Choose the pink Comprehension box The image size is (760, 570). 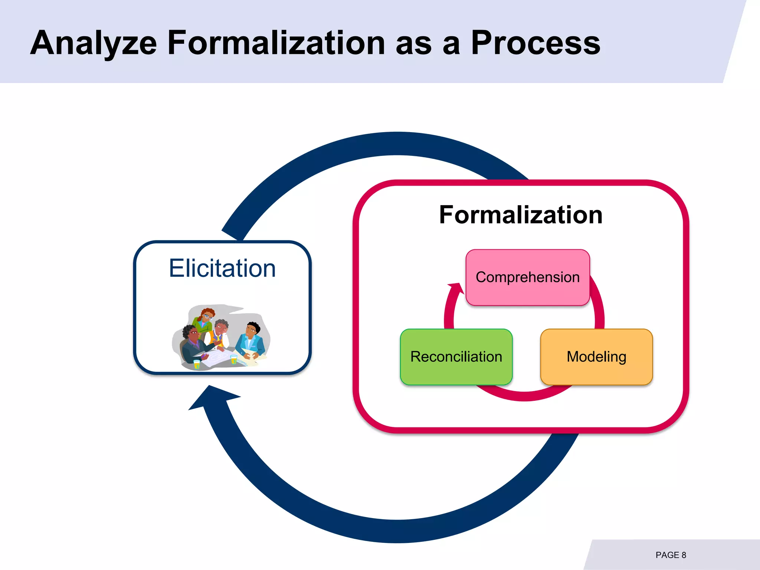pyautogui.click(x=527, y=277)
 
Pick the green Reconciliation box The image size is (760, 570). pyautogui.click(x=456, y=357)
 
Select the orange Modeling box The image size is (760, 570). pyautogui.click(x=596, y=357)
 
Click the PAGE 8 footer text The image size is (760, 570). pyautogui.click(x=671, y=555)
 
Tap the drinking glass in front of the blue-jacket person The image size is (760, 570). pyautogui.click(x=234, y=359)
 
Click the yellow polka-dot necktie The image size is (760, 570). pyautogui.click(x=219, y=340)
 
